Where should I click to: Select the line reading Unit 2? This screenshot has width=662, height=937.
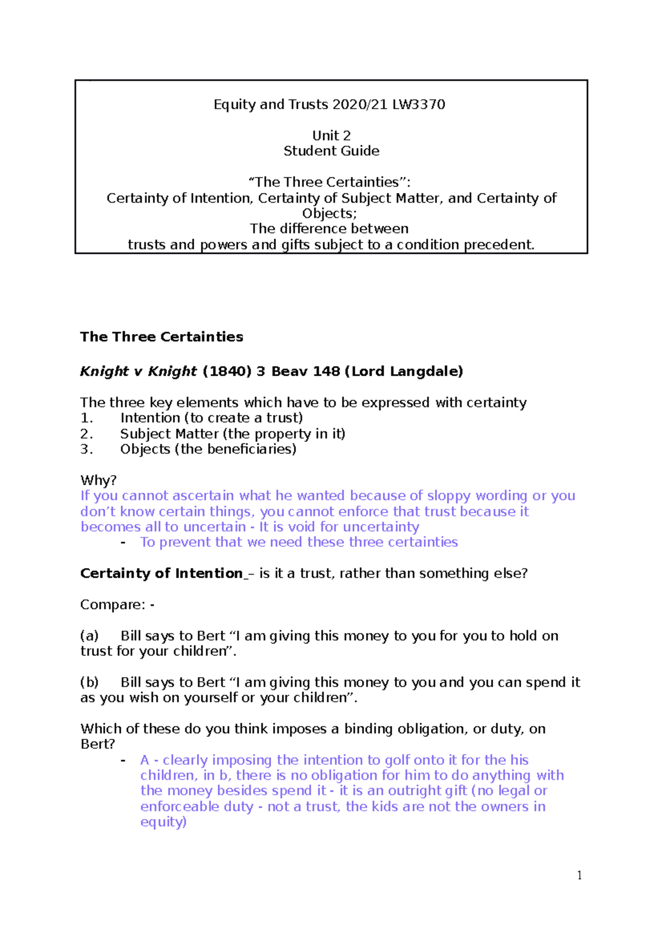coord(331,136)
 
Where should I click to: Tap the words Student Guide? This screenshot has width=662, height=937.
coord(331,151)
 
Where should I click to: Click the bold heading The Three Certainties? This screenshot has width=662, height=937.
coord(162,337)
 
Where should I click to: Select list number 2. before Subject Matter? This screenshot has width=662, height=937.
coord(86,434)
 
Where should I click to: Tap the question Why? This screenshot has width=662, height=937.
coord(98,480)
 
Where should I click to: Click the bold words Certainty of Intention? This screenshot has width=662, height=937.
coord(161,574)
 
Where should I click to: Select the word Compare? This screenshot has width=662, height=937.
coord(113,605)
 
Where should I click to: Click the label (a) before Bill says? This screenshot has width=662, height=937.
coord(89,636)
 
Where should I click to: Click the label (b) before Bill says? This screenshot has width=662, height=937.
coord(89,683)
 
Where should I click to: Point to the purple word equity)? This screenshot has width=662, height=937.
coord(163,822)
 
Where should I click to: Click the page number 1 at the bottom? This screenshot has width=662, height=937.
coord(579,875)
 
